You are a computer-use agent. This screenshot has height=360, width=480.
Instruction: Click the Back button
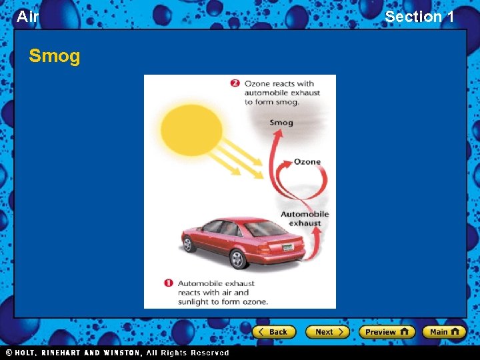pyautogui.click(x=273, y=331)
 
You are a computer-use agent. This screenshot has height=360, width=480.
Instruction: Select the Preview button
pyautogui.click(x=387, y=331)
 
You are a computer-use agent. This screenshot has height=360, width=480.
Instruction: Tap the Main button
pyautogui.click(x=443, y=331)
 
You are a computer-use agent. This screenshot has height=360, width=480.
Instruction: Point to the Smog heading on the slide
pyautogui.click(x=54, y=57)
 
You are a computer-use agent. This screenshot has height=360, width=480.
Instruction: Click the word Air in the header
pyautogui.click(x=27, y=17)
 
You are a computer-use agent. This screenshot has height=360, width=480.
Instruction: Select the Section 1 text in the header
pyautogui.click(x=419, y=17)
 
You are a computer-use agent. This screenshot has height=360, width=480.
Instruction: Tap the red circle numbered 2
pyautogui.click(x=235, y=83)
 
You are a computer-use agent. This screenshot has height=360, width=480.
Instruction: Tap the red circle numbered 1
pyautogui.click(x=169, y=283)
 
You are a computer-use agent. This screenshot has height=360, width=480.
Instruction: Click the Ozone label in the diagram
pyautogui.click(x=307, y=162)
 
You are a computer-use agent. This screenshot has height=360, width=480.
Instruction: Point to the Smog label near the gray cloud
pyautogui.click(x=281, y=123)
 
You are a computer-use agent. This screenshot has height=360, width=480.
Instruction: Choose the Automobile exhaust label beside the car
pyautogui.click(x=305, y=219)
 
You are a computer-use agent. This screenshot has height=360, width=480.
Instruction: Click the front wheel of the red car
pyautogui.click(x=189, y=244)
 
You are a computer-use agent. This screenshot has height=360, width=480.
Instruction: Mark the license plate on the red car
pyautogui.click(x=287, y=247)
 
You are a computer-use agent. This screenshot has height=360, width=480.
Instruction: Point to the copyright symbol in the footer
pyautogui.click(x=9, y=353)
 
